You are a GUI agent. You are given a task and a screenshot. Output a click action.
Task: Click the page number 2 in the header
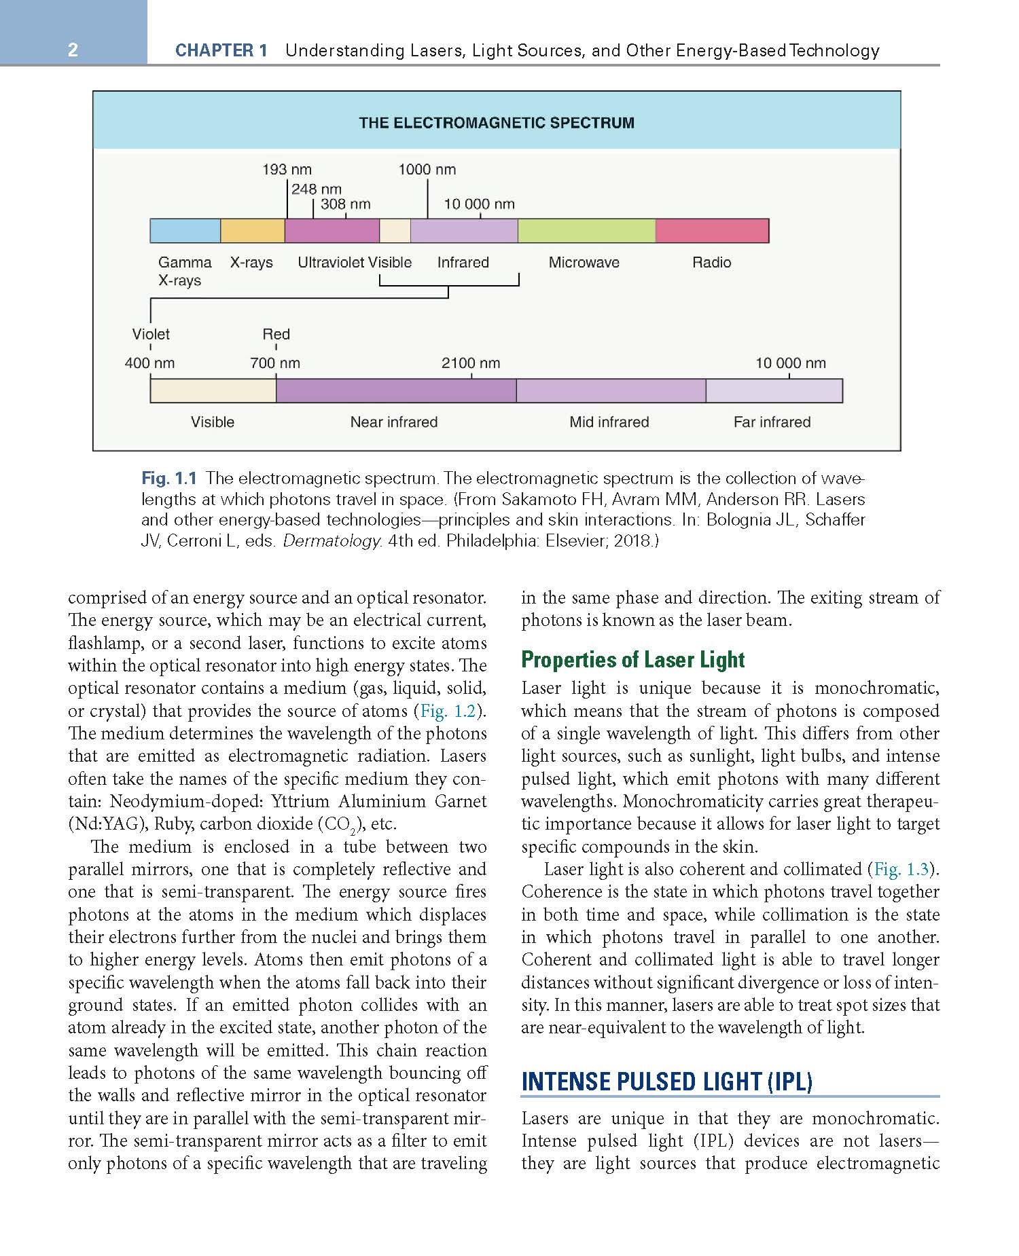(73, 50)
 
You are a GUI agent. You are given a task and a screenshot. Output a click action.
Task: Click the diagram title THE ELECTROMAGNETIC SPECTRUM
(497, 123)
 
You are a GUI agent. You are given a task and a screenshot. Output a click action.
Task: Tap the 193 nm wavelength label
(287, 170)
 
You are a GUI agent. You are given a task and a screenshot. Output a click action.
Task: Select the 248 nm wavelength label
(316, 189)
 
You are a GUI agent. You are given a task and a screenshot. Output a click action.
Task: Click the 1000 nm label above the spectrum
(427, 170)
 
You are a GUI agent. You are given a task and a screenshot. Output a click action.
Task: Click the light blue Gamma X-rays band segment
(185, 231)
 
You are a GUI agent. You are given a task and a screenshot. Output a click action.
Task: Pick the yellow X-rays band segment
(252, 231)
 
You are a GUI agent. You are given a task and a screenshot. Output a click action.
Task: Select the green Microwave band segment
(586, 231)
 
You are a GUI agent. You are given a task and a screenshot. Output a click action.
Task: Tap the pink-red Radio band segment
(712, 231)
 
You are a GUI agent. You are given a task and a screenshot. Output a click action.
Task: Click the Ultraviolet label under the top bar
(332, 263)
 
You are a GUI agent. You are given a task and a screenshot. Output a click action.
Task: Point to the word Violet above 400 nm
(151, 334)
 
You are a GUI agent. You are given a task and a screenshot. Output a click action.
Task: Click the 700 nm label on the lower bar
(275, 363)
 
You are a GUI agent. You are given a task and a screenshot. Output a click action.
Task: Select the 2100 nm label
(471, 363)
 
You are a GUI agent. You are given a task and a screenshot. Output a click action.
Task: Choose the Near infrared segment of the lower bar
(396, 391)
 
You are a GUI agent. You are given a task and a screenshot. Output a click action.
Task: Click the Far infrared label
(772, 422)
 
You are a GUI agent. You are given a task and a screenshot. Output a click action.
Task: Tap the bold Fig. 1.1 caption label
(169, 479)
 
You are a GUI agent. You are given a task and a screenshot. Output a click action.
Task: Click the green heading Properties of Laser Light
(632, 660)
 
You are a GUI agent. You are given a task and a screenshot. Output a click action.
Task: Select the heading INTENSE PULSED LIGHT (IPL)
(666, 1081)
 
